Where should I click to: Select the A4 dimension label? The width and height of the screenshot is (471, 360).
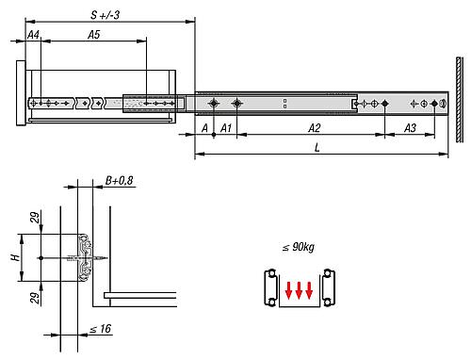(33, 34)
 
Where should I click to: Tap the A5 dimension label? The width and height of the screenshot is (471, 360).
(93, 34)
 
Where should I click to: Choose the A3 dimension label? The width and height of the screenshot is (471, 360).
(412, 127)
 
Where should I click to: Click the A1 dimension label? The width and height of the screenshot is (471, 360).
(225, 127)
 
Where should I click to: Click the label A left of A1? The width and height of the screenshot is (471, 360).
(203, 127)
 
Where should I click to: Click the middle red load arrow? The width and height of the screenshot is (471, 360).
(300, 289)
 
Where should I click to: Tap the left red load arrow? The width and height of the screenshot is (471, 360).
(288, 289)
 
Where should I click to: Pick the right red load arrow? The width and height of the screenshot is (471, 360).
(311, 289)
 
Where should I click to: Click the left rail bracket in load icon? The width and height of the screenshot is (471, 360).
(269, 287)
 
